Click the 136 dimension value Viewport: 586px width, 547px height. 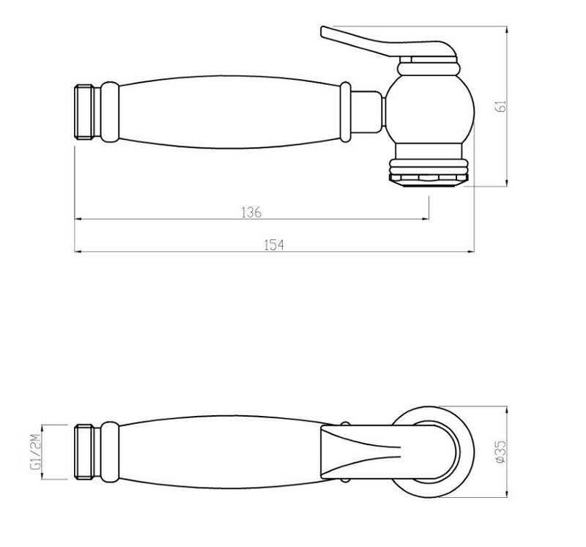pyautogui.click(x=251, y=212)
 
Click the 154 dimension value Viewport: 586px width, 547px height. pyautogui.click(x=273, y=245)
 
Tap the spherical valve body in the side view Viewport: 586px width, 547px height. pyautogui.click(x=429, y=110)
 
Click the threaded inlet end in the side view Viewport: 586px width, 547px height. pyautogui.click(x=86, y=112)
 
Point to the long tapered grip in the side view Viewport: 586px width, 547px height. pyautogui.click(x=227, y=111)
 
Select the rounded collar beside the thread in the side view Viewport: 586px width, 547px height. pyautogui.click(x=109, y=111)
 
